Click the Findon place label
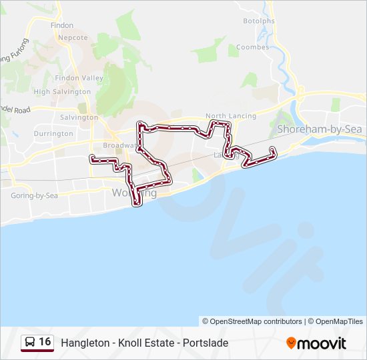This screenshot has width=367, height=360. pos(62,25)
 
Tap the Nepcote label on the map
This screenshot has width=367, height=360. pos(73,38)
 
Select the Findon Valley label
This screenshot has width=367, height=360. pos(79,78)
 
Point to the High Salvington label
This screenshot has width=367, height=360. pos(62,91)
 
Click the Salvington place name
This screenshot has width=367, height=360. pos(79,117)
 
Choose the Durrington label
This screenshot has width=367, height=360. pos(53,133)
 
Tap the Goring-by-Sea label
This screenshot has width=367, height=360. pos(35,195)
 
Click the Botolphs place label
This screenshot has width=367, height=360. pos(259,21)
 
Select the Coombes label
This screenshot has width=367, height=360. pos(253,47)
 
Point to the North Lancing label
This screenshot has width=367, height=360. pos(231,116)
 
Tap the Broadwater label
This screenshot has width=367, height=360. pos(119,145)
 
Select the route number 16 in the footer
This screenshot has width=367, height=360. pos(45,342)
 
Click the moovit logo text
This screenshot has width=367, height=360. pos(322,343)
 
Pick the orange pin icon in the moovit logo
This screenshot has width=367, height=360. pos(291,343)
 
